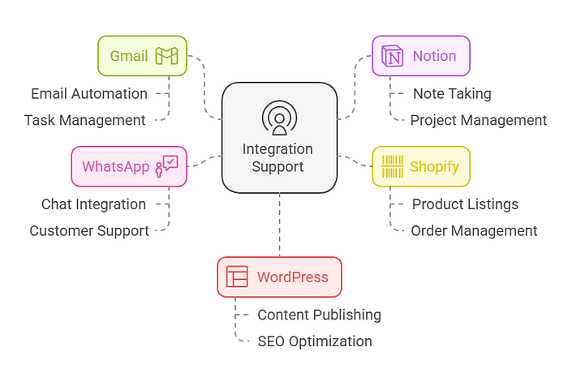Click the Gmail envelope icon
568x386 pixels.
pos(167,57)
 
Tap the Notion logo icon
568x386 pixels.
pos(393,57)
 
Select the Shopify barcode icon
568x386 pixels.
pos(393,167)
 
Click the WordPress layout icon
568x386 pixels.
pos(237,277)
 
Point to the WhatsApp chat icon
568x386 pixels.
pos(166,166)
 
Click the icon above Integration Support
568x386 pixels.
pos(279,118)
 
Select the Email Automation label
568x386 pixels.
pos(89,93)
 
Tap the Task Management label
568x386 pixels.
pos(84,120)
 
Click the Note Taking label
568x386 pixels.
pos(452,93)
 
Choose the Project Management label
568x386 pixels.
pos(478,120)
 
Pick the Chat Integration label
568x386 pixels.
pos(93,204)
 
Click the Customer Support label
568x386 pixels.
pos(89,231)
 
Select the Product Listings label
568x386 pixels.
pos(465,204)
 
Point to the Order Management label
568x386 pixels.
pos(474,231)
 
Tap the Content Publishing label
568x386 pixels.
pos(319,315)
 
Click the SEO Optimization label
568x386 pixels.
pos(314,341)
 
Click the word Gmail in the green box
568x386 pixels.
pos(129,57)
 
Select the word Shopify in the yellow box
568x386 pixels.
pos(434,167)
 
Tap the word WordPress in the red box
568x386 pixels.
pos(293,277)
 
